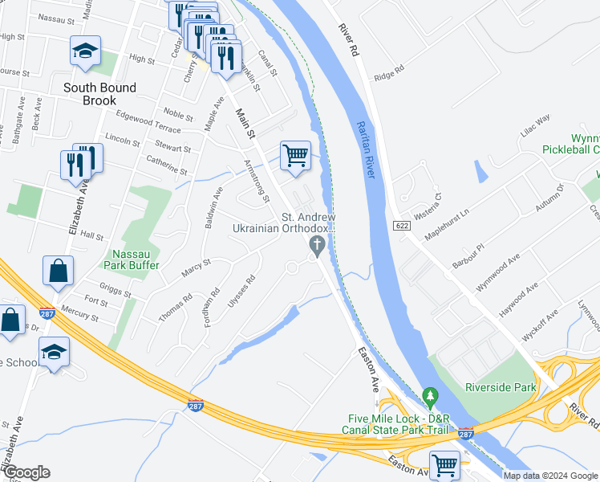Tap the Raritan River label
tap(367, 153)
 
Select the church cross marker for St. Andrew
tap(318, 245)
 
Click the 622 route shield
tap(402, 227)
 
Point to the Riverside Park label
tap(500, 386)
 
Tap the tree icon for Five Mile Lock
tap(431, 396)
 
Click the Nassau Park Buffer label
tap(132, 259)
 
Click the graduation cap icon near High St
tap(84, 51)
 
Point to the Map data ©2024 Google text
tap(549, 476)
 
